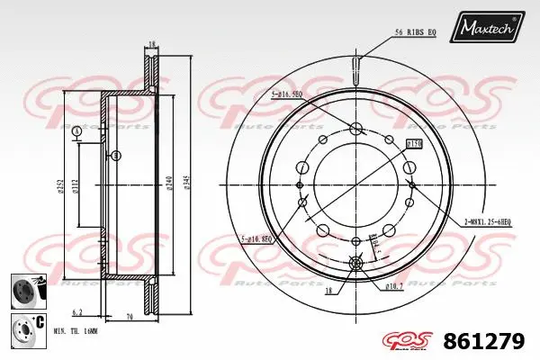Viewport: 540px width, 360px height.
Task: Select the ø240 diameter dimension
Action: tap(169, 184)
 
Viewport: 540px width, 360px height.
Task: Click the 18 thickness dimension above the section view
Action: tap(152, 44)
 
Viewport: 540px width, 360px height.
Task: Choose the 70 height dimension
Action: tap(130, 318)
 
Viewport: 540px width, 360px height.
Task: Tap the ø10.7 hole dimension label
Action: tap(392, 287)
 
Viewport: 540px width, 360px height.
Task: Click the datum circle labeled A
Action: tap(76, 132)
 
